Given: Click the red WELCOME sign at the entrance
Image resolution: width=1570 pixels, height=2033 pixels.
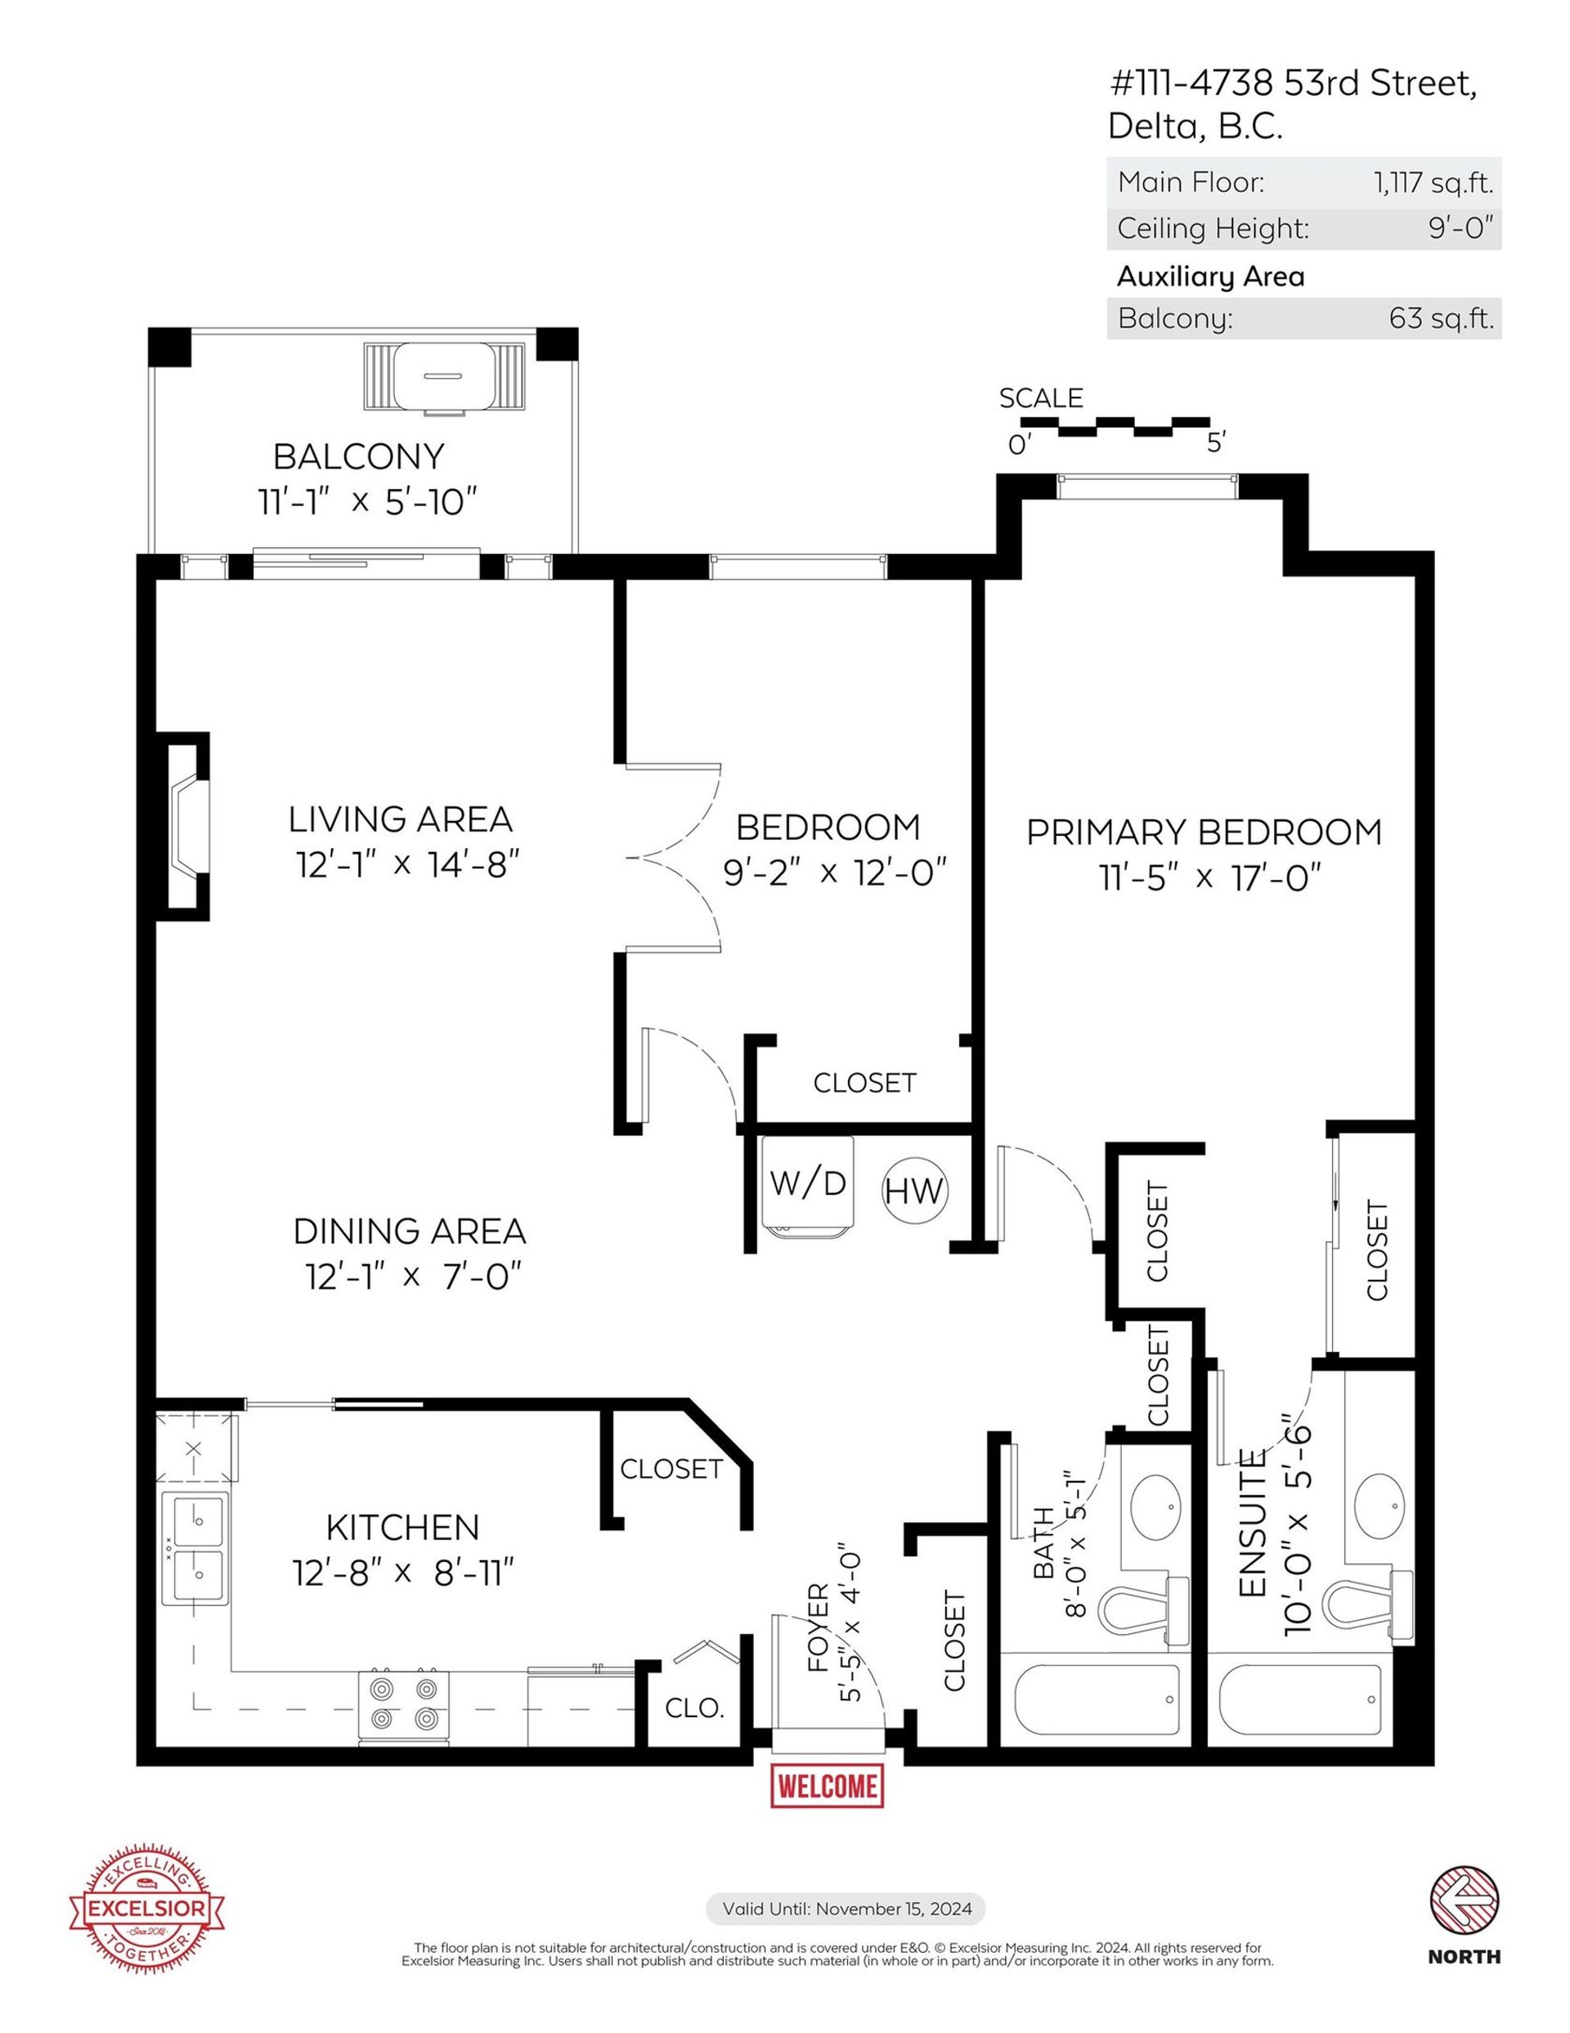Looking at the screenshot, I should [x=827, y=1785].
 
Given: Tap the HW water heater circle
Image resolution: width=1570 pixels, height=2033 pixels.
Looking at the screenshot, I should [x=914, y=1191].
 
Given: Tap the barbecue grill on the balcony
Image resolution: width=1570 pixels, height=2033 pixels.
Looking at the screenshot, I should [x=443, y=376].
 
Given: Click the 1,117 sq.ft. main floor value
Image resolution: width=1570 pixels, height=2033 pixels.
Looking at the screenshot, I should [x=1433, y=182].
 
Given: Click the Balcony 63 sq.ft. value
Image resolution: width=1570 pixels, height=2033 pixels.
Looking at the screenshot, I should [x=1441, y=318].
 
